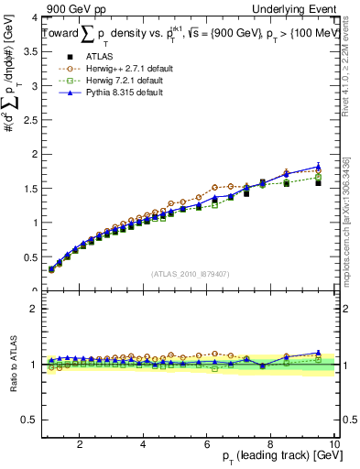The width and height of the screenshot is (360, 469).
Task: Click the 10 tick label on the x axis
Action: coord(335,445)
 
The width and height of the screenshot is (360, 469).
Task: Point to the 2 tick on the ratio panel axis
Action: coord(35,309)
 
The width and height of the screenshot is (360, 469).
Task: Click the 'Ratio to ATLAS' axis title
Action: coord(12,365)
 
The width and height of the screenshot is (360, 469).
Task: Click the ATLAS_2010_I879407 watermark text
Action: coord(190,274)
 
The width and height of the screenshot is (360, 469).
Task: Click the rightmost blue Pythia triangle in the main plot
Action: coord(318,167)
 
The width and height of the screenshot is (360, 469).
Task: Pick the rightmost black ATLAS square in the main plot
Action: coord(318,182)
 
